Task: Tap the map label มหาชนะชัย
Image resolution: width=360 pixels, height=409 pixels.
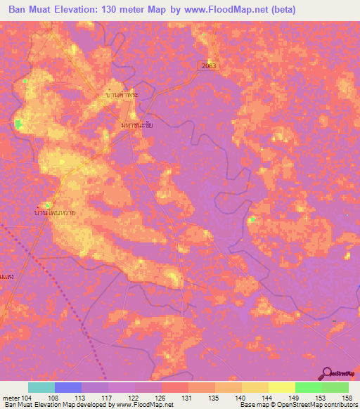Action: (x=137, y=124)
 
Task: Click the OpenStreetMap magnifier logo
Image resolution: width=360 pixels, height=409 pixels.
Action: (x=326, y=373)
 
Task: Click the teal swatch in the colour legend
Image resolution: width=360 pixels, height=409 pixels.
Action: (x=41, y=387)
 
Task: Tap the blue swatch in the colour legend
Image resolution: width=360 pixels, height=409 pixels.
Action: (x=67, y=387)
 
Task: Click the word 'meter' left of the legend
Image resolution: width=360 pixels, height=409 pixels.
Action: (x=11, y=397)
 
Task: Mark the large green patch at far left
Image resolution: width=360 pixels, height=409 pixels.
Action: (x=18, y=124)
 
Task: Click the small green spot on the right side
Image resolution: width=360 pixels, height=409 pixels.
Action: (x=251, y=219)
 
